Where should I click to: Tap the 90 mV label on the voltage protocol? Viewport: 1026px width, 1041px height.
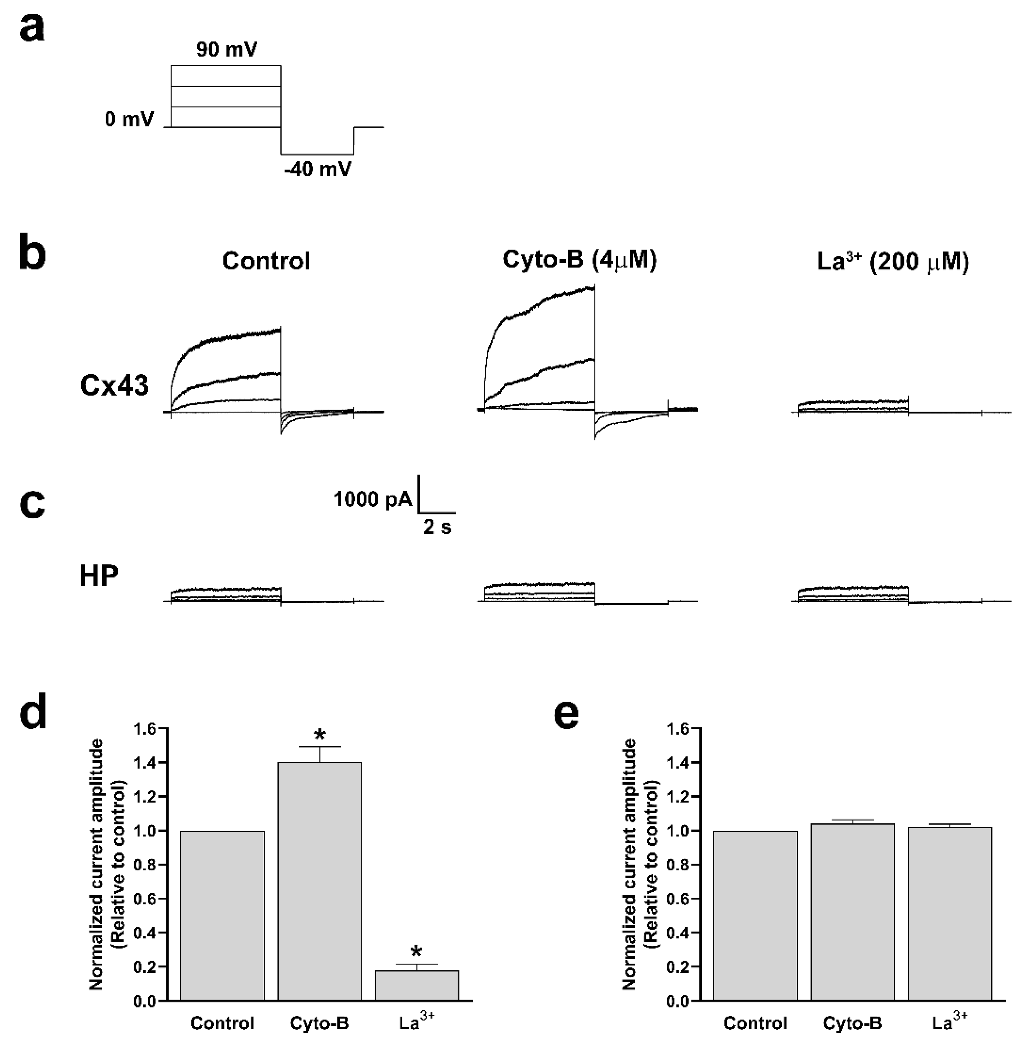pos(226,50)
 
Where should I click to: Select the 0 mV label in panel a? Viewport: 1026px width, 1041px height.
pos(129,119)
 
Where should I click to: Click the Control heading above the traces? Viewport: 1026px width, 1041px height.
pos(266,261)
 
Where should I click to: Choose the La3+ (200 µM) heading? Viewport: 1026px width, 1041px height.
pos(893,262)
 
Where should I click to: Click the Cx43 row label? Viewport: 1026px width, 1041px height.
pos(114,386)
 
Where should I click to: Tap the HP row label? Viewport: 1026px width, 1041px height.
pos(99,576)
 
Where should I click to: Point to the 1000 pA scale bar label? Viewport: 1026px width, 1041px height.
pos(372,499)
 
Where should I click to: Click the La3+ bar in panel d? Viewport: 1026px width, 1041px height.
pos(416,985)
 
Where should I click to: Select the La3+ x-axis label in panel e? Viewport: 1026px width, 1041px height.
pos(949,1022)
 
